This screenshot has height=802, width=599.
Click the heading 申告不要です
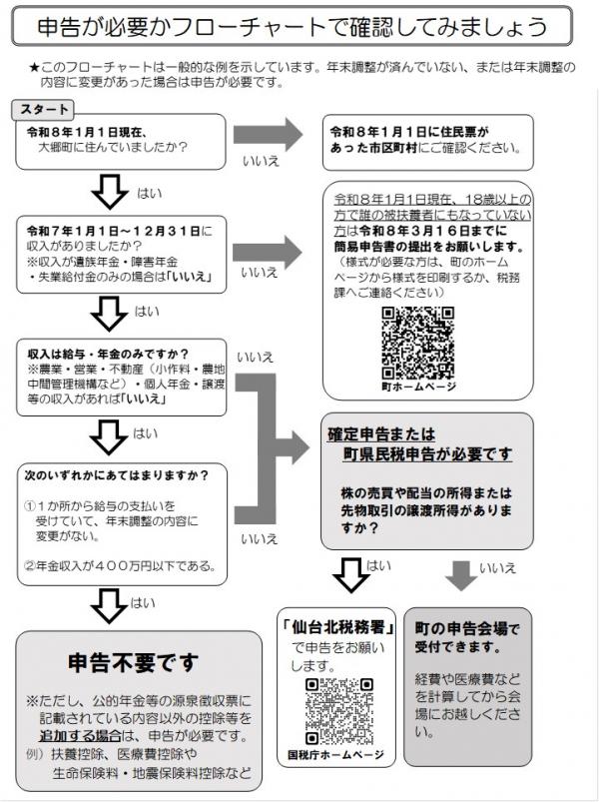(133, 662)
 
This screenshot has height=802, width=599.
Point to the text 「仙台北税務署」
(340, 628)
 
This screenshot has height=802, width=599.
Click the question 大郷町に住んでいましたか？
(113, 147)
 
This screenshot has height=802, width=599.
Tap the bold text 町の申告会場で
(467, 629)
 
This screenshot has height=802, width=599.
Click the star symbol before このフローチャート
(34, 68)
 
